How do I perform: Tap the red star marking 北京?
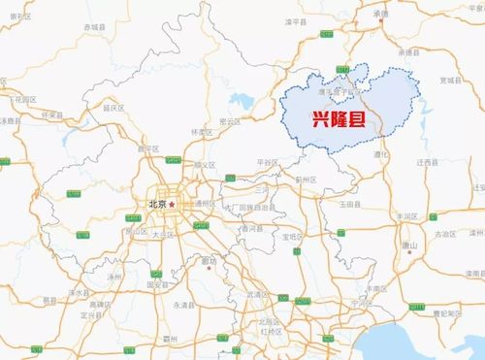[173, 206]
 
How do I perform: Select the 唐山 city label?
[408, 245]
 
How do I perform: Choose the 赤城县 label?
[93, 30]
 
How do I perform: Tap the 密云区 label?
[230, 123]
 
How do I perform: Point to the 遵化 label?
[381, 153]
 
